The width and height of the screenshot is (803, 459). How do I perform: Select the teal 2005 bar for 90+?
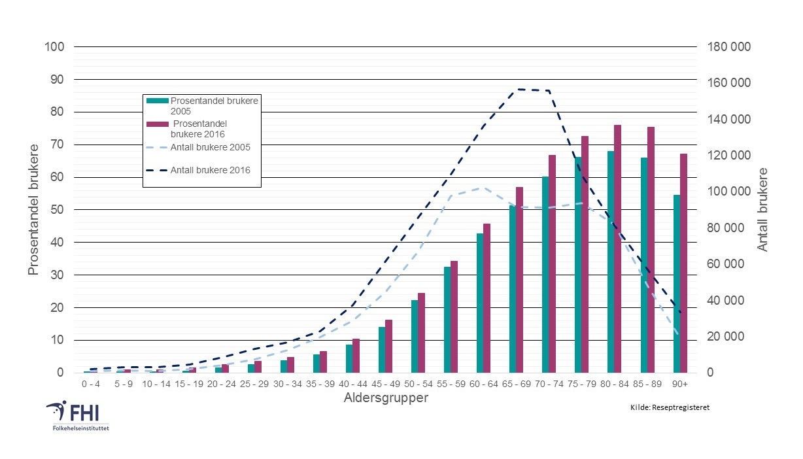(677, 284)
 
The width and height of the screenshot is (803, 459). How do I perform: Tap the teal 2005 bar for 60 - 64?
(480, 303)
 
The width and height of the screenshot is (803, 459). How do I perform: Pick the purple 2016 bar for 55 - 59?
(454, 316)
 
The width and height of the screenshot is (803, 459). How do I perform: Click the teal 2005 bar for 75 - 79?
(578, 265)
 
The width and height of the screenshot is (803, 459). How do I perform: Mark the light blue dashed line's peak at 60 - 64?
(483, 188)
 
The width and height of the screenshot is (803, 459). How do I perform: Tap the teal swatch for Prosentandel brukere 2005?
(157, 101)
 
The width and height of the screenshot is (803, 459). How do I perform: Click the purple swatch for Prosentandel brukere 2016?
(157, 124)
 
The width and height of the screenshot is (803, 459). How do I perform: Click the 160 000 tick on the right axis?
(726, 83)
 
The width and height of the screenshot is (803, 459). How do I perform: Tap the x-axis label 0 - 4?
(91, 383)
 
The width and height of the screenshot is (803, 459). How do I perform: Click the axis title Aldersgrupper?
(386, 398)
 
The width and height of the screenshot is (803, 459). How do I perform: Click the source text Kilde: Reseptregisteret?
(670, 407)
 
